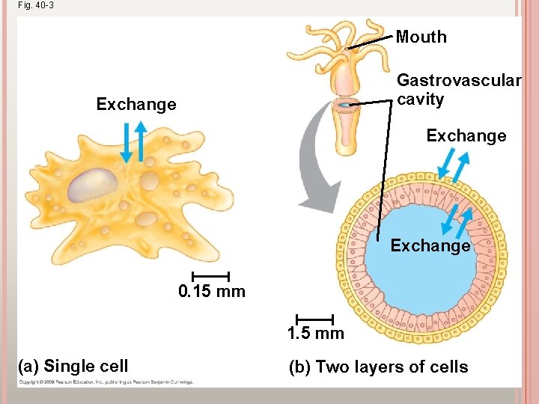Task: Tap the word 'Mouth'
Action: tap(421, 37)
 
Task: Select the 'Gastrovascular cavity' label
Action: tap(457, 90)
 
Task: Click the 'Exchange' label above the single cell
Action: tap(136, 105)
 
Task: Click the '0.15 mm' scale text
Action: tap(212, 291)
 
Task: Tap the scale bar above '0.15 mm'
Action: tap(210, 275)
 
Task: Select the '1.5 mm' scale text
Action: tap(317, 333)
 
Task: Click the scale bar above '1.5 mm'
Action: tap(314, 318)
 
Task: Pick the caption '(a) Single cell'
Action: tap(73, 366)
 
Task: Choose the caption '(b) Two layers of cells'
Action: tap(378, 367)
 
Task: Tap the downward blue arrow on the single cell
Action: tap(126, 143)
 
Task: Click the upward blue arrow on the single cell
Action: tap(141, 142)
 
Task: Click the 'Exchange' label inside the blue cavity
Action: tap(430, 245)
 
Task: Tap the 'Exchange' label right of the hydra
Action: tap(466, 136)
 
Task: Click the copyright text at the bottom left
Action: tap(106, 382)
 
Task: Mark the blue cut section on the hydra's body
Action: tap(345, 105)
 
